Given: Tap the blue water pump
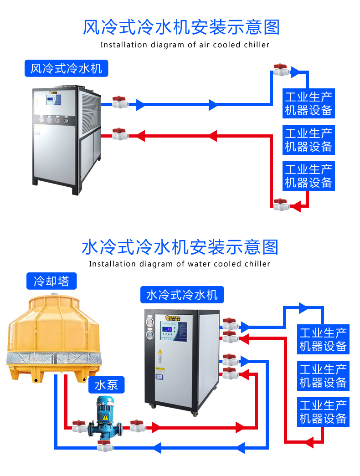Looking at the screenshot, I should click(x=105, y=421).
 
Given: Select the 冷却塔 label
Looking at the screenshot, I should click(x=51, y=281).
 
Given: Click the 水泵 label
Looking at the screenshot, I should click(x=106, y=385).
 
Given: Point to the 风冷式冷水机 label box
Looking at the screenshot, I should click(x=66, y=69).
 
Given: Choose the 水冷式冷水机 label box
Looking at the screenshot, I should click(x=182, y=295).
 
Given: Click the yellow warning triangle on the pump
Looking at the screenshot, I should click(x=105, y=417).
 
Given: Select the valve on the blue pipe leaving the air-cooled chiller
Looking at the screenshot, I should click(x=120, y=102).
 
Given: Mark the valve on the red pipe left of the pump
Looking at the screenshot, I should click(x=79, y=426).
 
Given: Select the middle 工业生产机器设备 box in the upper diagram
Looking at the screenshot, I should click(x=309, y=140).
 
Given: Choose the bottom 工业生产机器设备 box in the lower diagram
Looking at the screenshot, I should click(x=323, y=411).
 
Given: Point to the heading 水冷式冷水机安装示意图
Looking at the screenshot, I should click(x=180, y=247).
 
